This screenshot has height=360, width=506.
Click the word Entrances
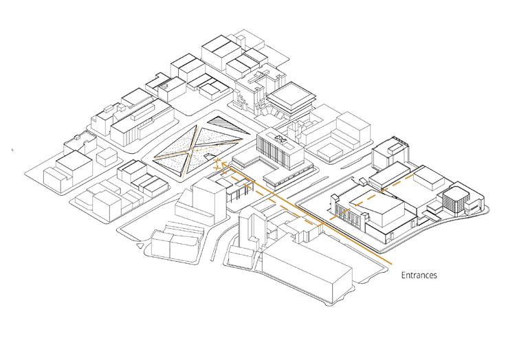tap(419, 275)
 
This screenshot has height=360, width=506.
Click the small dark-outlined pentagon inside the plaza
tap(210, 157)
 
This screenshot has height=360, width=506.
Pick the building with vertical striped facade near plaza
tap(280, 149)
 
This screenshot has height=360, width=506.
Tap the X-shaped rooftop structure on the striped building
tap(279, 139)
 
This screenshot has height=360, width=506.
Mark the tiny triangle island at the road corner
tap(140, 246)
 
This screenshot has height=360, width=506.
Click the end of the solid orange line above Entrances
tap(392, 265)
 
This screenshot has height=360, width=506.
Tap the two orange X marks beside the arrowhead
tap(217, 164)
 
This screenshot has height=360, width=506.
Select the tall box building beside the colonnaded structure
tap(204, 199)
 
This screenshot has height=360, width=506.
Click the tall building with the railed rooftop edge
tap(390, 153)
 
